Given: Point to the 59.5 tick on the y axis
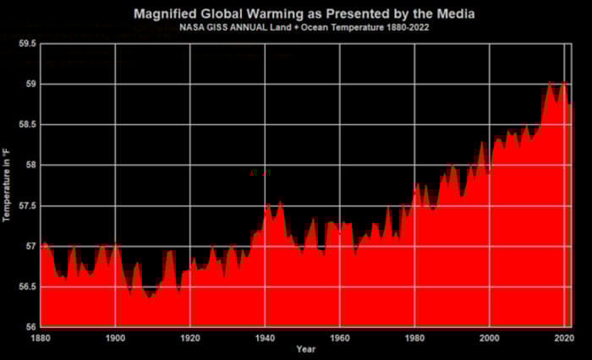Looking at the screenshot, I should pos(26,44).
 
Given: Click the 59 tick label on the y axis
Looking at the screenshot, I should pos(30,85).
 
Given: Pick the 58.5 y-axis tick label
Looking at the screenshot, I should pos(26,125).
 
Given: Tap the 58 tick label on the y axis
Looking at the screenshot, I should pos(30,166).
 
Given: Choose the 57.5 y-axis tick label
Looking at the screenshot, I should pos(26,206).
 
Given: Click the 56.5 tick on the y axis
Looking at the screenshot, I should pos(26,287).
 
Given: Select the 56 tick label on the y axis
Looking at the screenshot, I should pos(30,328).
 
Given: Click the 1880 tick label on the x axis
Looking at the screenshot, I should pos(40,337).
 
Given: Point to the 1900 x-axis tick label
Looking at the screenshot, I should pos(115,337).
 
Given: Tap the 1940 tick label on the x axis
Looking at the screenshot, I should pos(265,337).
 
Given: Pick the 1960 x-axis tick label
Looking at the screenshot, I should pos(340,337).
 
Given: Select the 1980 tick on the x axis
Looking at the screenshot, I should pos(414,337).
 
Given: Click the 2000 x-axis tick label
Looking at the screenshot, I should pos(490,337).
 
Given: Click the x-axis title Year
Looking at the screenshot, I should pos(306,349).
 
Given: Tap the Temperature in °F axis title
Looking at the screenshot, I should pos(7,184).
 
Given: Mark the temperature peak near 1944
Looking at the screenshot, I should pos(280,202).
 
